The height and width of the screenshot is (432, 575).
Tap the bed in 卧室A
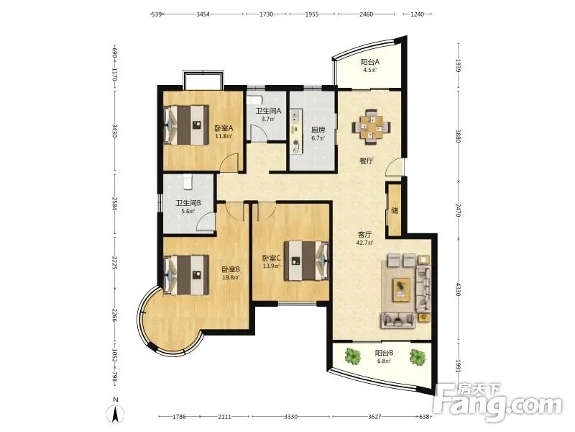point(186,125)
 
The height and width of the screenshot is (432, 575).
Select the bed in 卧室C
point(307,261)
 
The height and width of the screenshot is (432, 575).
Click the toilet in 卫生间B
point(188,181)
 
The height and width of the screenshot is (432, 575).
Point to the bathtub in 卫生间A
point(254,100)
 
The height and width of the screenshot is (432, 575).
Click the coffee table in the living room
point(402,290)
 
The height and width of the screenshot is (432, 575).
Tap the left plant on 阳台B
point(353,356)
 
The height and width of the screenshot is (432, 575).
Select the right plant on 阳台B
point(418,356)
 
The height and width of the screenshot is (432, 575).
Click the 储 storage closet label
point(395,210)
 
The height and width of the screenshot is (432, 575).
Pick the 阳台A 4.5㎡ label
point(369,66)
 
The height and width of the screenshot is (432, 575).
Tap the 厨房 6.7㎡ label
point(318,134)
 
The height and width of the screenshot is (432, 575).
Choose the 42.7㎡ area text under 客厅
point(364,243)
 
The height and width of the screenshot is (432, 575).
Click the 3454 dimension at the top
point(203,14)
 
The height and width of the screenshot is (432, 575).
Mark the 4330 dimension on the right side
point(458,289)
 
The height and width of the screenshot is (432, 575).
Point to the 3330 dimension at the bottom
point(291,417)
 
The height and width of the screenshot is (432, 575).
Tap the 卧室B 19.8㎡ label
point(231,273)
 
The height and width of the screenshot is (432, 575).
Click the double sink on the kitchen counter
point(295,116)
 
